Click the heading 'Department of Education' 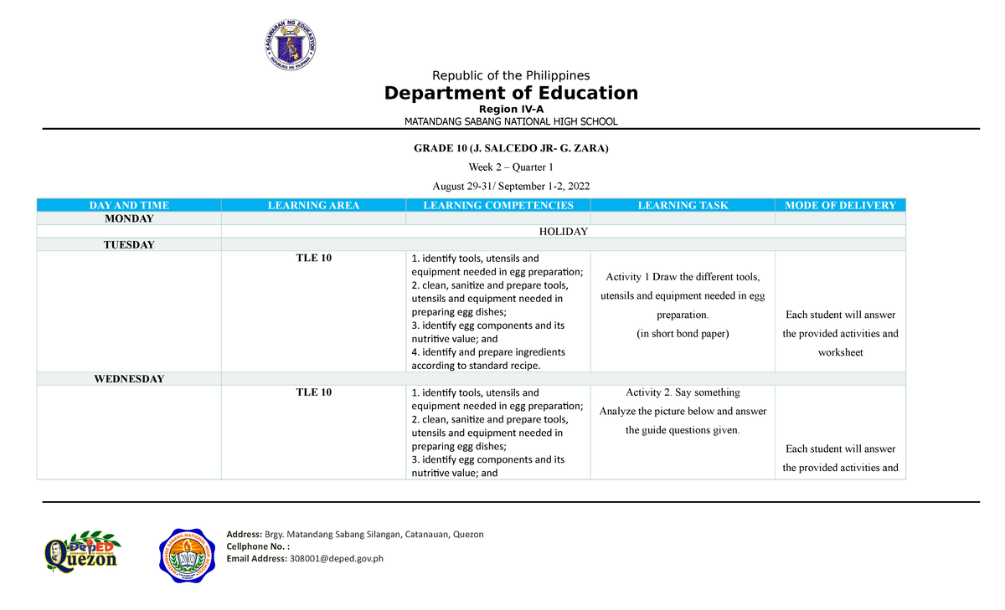pyautogui.click(x=511, y=93)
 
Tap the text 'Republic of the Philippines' pyautogui.click(x=511, y=75)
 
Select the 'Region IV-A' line pyautogui.click(x=511, y=109)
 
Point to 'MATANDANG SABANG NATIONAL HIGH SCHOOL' pyautogui.click(x=511, y=121)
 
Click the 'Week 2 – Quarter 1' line pyautogui.click(x=511, y=167)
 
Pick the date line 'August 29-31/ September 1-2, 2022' pyautogui.click(x=511, y=185)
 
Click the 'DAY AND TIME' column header pyautogui.click(x=129, y=205)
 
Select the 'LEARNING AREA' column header pyautogui.click(x=313, y=205)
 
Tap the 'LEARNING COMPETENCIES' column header pyautogui.click(x=498, y=205)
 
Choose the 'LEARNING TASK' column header pyautogui.click(x=683, y=205)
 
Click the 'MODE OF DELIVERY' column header pyautogui.click(x=840, y=205)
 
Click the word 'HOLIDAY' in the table pyautogui.click(x=563, y=232)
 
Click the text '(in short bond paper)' pyautogui.click(x=683, y=334)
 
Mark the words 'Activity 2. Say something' pyautogui.click(x=683, y=392)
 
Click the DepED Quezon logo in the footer pyautogui.click(x=81, y=554)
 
